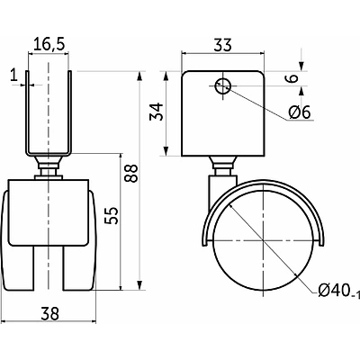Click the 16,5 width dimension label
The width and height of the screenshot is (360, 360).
[x=49, y=44]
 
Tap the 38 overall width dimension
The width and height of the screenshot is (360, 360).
[x=50, y=314]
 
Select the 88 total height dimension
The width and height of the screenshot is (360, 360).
[x=131, y=173]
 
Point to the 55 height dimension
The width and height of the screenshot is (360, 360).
[x=112, y=215]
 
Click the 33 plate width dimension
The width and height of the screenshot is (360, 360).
[x=223, y=45]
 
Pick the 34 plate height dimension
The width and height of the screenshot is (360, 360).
[x=157, y=112]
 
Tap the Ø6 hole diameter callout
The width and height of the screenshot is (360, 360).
[x=299, y=112]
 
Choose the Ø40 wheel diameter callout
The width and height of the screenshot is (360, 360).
[x=338, y=291]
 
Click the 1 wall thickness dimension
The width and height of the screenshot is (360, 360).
[x=13, y=75]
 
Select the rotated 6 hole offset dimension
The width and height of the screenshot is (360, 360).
[x=292, y=78]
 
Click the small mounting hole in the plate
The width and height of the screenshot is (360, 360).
[x=223, y=85]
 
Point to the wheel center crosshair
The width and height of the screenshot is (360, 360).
[x=263, y=241]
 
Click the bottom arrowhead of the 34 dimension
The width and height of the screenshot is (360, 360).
[x=166, y=151]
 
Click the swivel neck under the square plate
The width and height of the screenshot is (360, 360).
[x=223, y=166]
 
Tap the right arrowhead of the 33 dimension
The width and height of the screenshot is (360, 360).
[x=261, y=54]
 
